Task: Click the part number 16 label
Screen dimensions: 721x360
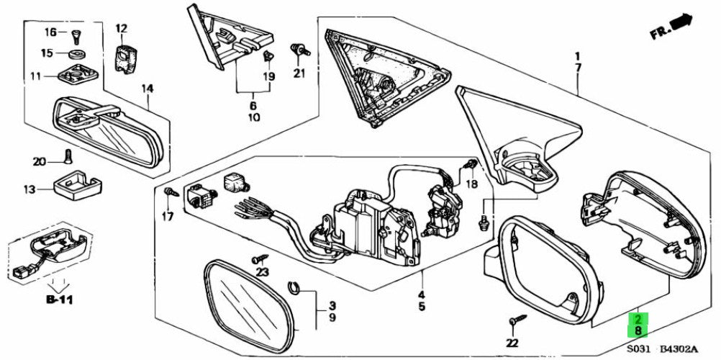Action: (50, 32)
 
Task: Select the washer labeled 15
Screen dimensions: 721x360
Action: (76, 54)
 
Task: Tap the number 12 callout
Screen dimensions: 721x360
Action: (120, 29)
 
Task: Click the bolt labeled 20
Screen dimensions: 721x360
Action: (68, 156)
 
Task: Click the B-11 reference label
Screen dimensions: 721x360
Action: (60, 300)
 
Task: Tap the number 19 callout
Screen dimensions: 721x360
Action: (269, 76)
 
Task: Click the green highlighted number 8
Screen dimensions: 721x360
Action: (639, 330)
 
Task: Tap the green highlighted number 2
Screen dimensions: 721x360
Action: (639, 319)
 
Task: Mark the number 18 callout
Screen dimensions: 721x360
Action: (471, 184)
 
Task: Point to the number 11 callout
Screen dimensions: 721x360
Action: (37, 76)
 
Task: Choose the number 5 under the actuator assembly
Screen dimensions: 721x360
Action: (422, 306)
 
